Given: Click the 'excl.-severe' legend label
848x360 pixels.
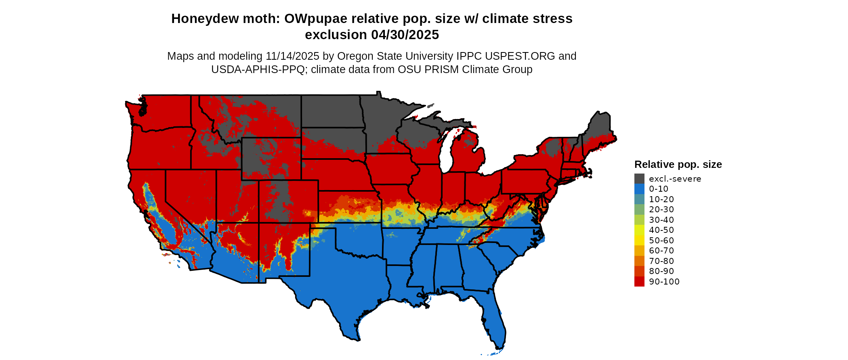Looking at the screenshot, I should [675, 179].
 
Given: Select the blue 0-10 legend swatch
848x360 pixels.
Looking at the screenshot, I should [639, 189].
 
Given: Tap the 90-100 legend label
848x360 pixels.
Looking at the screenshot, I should [664, 282].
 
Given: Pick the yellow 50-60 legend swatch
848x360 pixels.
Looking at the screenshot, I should [639, 241].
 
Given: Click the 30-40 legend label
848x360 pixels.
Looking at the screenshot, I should [661, 220].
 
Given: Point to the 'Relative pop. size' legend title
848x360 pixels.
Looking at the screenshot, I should [678, 165].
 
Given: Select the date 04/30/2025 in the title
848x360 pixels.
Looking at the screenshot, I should [405, 35].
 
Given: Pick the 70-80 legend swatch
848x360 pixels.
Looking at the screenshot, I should [639, 261].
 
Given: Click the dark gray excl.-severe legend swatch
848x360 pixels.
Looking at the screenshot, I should [639, 179].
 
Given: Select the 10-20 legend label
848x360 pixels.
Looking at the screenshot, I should [661, 199].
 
